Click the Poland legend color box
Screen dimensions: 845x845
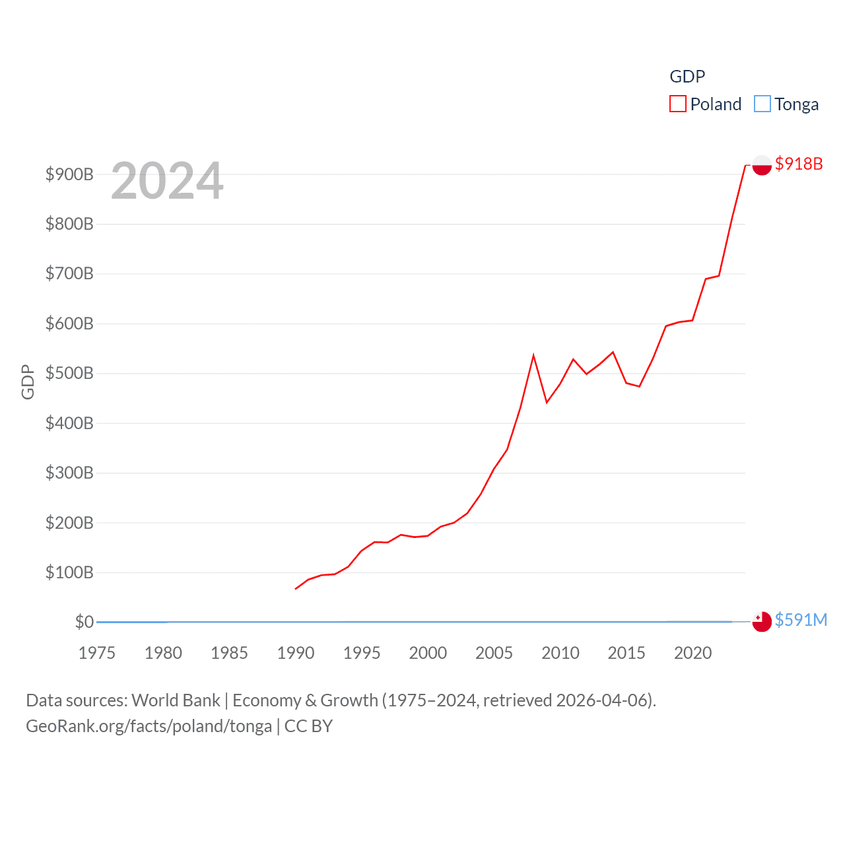pyautogui.click(x=677, y=104)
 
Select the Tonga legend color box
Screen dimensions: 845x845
pyautogui.click(x=762, y=104)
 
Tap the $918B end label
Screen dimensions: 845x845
pyautogui.click(x=799, y=164)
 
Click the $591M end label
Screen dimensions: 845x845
pyautogui.click(x=801, y=620)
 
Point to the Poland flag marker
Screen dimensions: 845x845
pyautogui.click(x=762, y=165)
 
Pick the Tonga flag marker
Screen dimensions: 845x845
pyautogui.click(x=762, y=621)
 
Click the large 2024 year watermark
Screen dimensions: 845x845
pyautogui.click(x=167, y=181)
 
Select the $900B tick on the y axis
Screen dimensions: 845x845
pyautogui.click(x=69, y=174)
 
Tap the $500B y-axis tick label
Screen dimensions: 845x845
pyautogui.click(x=69, y=373)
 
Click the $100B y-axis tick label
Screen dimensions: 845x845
pyautogui.click(x=69, y=572)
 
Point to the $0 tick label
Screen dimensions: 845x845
pyautogui.click(x=84, y=622)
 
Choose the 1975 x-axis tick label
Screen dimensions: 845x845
pyautogui.click(x=97, y=653)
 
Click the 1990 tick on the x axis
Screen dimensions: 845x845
pyautogui.click(x=296, y=653)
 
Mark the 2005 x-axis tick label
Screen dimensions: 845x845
pyautogui.click(x=494, y=653)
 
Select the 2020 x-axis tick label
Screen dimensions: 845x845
pyautogui.click(x=693, y=653)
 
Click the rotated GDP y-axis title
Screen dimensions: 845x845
pyautogui.click(x=28, y=382)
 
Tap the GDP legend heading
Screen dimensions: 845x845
pyautogui.click(x=687, y=77)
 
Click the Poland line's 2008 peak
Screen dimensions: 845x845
pyautogui.click(x=533, y=356)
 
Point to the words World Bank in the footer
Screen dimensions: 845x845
pyautogui.click(x=176, y=700)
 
